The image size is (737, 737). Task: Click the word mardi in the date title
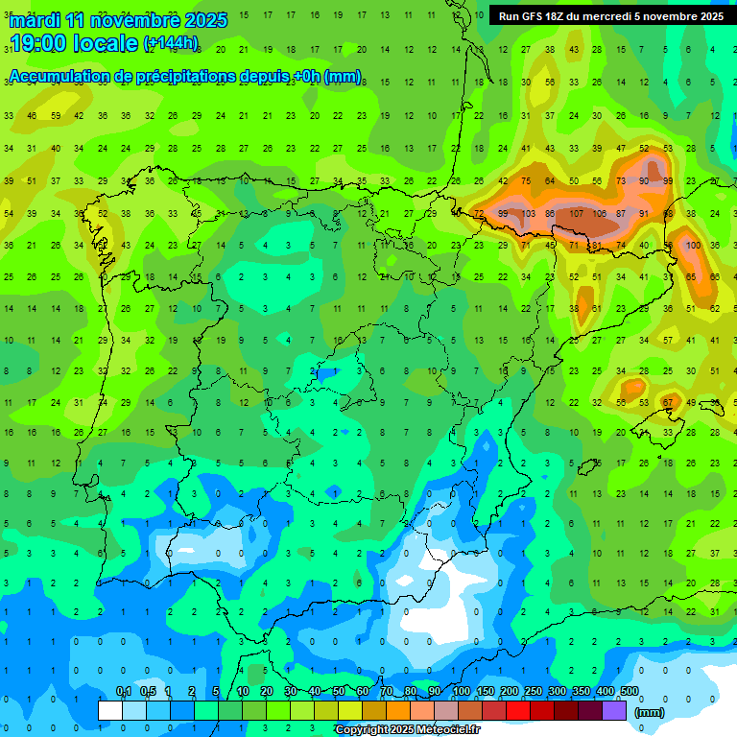32,20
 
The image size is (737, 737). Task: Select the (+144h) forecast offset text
171,43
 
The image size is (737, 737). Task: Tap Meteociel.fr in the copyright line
445,730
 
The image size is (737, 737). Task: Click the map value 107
576,213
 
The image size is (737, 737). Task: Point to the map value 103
527,213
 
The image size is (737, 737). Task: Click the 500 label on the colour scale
629,692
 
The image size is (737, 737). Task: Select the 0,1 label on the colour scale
124,692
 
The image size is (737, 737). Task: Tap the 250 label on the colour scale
533,692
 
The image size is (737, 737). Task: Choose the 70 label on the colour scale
387,692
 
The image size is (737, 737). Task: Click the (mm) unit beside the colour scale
650,713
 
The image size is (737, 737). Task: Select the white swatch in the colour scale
110,710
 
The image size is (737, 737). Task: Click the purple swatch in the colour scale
614,710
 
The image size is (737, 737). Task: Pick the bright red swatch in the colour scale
518,710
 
